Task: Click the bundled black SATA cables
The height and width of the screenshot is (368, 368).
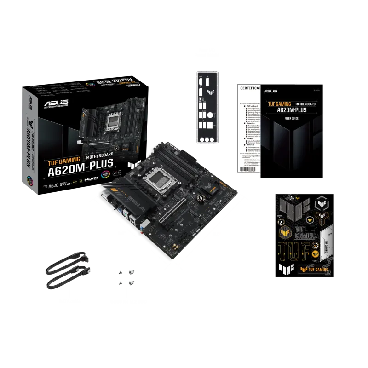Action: click(67, 269)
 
